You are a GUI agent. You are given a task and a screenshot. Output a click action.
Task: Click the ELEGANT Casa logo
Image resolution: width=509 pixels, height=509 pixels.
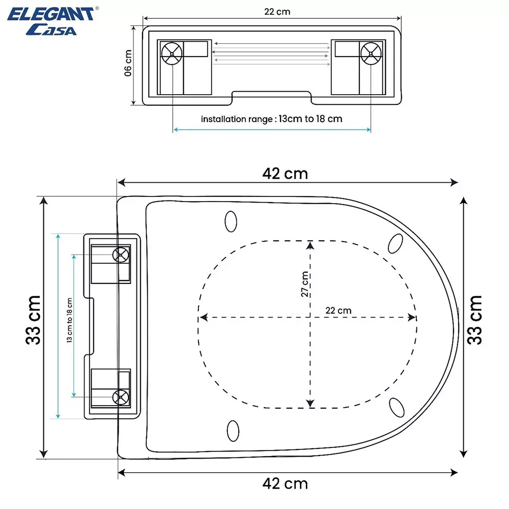pos(50,20)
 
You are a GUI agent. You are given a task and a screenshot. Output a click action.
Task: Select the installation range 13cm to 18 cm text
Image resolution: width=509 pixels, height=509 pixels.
pos(271,119)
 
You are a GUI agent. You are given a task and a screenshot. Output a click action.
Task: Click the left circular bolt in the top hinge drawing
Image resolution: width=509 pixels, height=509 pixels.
pos(172,53)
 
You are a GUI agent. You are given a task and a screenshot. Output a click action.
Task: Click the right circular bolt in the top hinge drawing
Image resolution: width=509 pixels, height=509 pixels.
pos(371,53)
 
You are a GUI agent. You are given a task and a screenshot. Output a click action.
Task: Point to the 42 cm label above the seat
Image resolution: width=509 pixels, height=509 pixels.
pos(285,174)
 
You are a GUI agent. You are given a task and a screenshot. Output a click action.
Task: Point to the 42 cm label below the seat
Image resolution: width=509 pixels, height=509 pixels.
pos(285,483)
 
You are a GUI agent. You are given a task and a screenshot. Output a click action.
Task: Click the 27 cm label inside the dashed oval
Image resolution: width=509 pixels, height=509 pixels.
pos(304,284)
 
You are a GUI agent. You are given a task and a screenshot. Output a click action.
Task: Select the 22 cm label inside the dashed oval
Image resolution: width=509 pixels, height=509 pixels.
pos(338,310)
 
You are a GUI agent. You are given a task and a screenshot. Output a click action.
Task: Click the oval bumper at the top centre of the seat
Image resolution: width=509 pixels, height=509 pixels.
pos(231,221)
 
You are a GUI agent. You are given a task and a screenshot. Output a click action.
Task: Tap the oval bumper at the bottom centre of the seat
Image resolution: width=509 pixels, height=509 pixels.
pos(233,431)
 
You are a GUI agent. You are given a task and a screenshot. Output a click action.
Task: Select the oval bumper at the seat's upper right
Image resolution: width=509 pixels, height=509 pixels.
pos(395,243)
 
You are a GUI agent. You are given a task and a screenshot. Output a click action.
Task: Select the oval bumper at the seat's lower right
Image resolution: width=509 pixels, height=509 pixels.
pos(397,407)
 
